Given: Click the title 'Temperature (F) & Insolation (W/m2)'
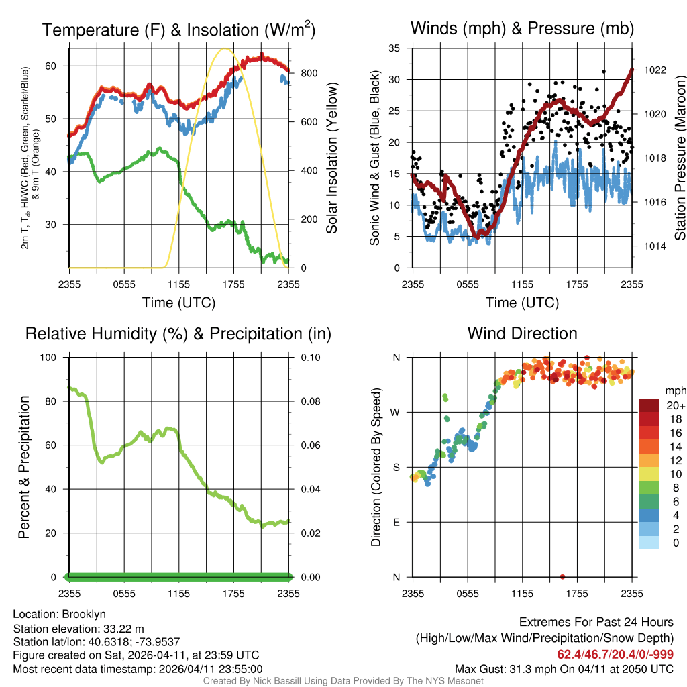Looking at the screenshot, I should point(178,30).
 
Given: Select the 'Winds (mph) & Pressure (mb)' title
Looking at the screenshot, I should point(522,28).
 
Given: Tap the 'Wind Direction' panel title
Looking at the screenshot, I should point(522,333).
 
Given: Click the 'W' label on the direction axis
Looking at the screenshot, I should point(395,412).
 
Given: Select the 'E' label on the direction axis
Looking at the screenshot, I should point(395,522).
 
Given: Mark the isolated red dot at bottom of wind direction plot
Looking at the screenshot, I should point(562,576).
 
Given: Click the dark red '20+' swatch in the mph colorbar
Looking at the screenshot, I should point(649,405).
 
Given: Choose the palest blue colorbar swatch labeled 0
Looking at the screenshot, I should point(649,543).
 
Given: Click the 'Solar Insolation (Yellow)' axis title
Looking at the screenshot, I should point(331,158).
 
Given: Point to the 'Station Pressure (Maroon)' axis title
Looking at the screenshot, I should point(680,158).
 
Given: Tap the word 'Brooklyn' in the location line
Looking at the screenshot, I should point(84,614).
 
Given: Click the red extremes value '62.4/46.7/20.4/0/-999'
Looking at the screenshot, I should point(615,654).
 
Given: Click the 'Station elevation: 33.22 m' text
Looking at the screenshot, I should point(78,628).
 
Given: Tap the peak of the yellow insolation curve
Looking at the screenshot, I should point(225,49).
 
